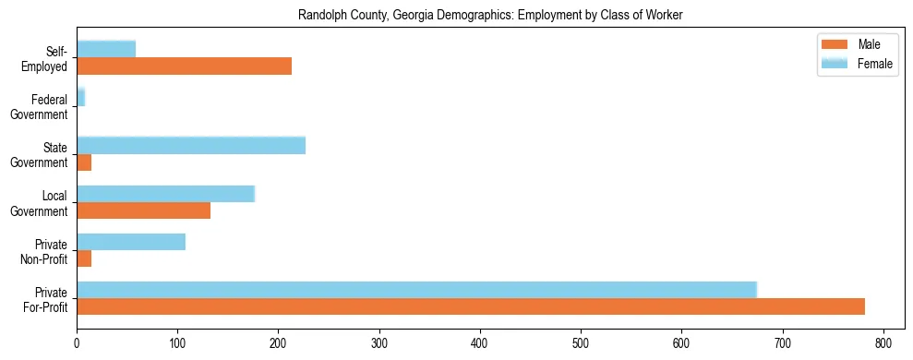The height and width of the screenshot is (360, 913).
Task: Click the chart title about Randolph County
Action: [490, 16]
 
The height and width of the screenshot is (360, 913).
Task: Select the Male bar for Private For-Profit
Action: [470, 306]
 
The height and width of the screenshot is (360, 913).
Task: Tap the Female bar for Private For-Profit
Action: [416, 289]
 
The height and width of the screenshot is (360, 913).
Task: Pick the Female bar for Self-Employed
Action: [106, 49]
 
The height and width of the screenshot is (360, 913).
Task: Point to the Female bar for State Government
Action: [190, 145]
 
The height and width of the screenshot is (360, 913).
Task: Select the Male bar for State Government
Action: [84, 162]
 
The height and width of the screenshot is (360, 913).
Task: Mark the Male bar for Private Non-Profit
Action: [84, 258]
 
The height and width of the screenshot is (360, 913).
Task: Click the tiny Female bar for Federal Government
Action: [80, 97]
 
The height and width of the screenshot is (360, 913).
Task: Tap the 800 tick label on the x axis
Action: [883, 343]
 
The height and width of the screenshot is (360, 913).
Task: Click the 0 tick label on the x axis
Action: [77, 343]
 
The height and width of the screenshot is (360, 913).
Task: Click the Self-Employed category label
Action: [46, 59]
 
